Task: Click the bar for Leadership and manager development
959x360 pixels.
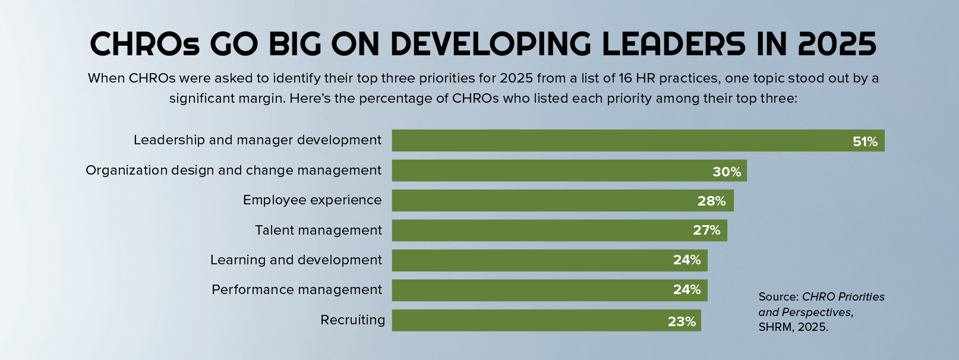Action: [638, 140]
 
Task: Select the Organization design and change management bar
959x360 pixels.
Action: [569, 170]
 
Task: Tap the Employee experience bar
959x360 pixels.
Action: [563, 200]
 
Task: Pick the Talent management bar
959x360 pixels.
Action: [559, 230]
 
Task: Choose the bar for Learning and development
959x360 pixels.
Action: [549, 260]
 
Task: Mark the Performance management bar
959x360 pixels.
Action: [549, 290]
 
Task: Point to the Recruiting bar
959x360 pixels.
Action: [546, 320]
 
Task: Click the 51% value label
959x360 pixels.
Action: [865, 142]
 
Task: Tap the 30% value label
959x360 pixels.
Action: [727, 172]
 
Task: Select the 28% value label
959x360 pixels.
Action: [712, 201]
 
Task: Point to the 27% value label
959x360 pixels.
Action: [706, 230]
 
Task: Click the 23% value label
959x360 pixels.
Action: [682, 321]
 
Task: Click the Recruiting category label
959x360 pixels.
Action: [353, 320]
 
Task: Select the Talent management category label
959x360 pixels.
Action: [318, 230]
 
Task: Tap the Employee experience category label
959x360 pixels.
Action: [312, 200]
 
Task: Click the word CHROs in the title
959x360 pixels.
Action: [145, 44]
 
